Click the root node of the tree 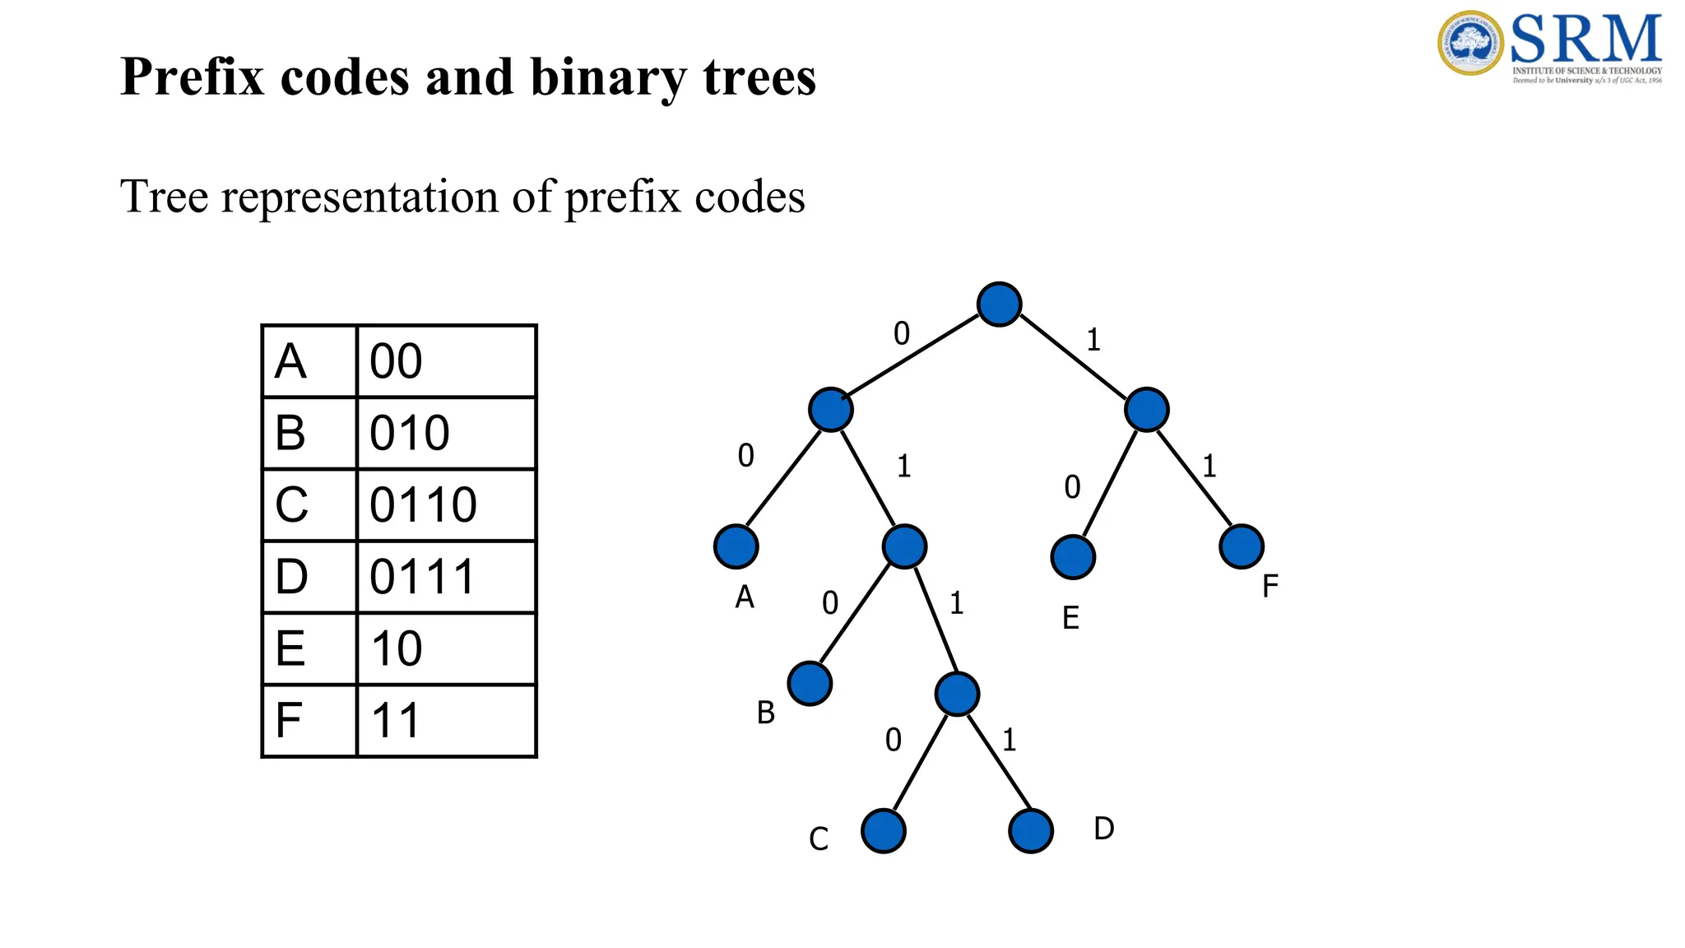point(999,304)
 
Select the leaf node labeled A point(736,546)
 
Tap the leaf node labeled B point(810,683)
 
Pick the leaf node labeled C point(883,830)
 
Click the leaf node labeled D point(1030,830)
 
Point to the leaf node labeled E point(1073,557)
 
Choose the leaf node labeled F point(1241,546)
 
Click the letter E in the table point(290,648)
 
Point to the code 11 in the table point(396,721)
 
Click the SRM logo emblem point(1471,43)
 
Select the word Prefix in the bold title point(194,77)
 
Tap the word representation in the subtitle point(360,197)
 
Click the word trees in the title point(759,77)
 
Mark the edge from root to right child point(1073,356)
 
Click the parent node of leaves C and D point(957,694)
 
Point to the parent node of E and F point(1146,409)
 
